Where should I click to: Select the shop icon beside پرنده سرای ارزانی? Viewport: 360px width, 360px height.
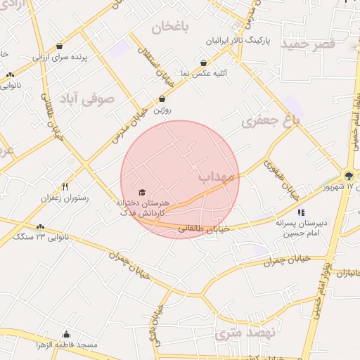(59, 46)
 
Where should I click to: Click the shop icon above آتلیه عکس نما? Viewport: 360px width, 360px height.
(203, 63)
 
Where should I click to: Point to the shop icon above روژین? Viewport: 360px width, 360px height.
(162, 99)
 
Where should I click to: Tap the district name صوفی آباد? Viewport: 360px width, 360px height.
(86, 98)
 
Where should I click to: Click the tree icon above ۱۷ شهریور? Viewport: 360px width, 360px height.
(349, 175)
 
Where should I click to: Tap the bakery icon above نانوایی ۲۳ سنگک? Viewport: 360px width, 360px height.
(41, 226)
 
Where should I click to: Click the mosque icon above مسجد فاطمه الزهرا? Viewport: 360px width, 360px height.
(67, 335)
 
